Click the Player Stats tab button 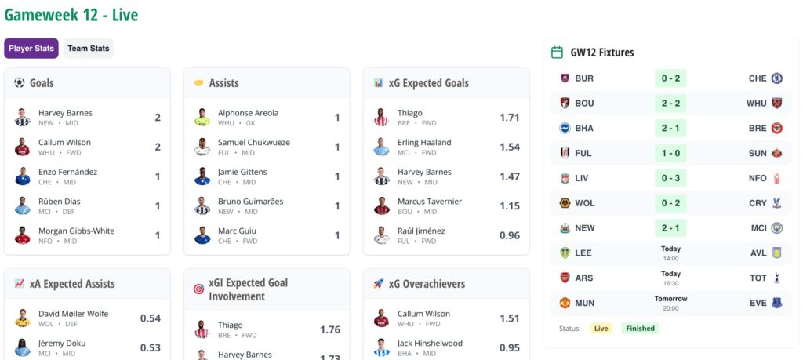coord(31,49)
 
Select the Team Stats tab coord(89,49)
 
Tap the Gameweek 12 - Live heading coord(71,15)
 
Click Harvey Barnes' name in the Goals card coord(65,113)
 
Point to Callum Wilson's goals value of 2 coord(158,147)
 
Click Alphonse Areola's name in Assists coord(248,113)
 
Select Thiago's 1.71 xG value coord(509,118)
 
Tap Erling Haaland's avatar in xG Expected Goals coord(382,147)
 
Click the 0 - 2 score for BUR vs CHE coord(670,78)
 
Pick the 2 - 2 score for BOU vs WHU coord(670,104)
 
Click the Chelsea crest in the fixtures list coord(777,78)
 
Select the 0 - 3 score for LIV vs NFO coord(670,178)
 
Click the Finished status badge coord(640,329)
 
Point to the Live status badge coord(601,329)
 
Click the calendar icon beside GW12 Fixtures coord(558,53)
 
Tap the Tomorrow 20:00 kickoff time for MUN coord(670,303)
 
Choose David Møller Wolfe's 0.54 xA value coord(151,318)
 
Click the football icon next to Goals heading coord(20,82)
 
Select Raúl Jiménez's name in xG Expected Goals coord(421,231)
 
